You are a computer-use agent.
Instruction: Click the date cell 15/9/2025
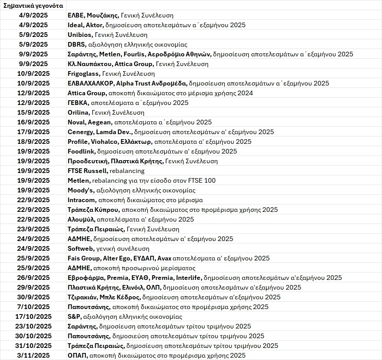click(x=33, y=112)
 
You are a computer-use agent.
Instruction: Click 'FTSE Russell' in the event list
click(x=87, y=171)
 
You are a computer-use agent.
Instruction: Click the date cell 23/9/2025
click(x=33, y=229)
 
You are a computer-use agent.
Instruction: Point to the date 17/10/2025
click(x=33, y=316)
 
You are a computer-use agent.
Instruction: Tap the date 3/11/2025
click(x=33, y=355)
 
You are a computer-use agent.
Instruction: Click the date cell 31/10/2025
click(x=33, y=346)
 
